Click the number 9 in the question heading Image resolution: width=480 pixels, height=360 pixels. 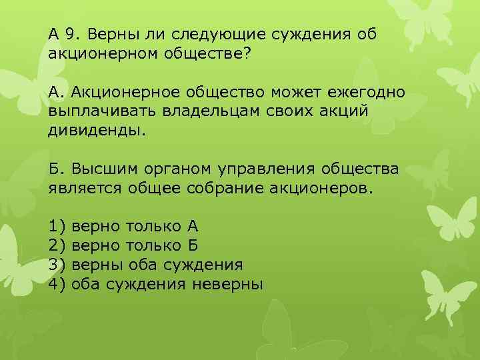coord(76,33)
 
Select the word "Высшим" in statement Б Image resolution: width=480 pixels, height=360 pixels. coord(93,168)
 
